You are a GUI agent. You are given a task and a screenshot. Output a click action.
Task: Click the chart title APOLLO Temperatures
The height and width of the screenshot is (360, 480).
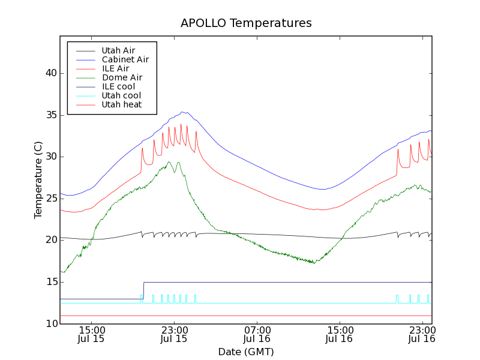246,23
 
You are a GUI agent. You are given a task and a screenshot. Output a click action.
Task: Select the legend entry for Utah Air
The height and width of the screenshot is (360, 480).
118,51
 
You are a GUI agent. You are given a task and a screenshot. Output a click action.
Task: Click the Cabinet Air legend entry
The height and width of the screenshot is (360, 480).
125,60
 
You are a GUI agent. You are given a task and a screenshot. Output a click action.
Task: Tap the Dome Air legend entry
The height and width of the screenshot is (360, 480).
122,78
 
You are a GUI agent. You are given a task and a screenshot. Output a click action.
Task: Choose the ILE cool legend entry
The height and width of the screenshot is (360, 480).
118,87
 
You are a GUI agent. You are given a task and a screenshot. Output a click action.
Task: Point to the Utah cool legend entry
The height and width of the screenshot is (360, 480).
121,96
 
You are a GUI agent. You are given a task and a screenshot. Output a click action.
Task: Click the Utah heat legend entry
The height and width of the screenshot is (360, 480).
121,105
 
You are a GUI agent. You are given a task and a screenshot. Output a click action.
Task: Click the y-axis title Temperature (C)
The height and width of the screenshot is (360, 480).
38,180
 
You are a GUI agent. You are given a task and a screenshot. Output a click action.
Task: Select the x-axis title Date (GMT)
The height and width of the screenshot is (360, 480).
246,352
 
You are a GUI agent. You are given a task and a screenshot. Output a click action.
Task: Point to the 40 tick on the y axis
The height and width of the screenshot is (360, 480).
51,73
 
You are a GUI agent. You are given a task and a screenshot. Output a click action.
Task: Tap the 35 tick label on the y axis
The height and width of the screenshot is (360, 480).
51,115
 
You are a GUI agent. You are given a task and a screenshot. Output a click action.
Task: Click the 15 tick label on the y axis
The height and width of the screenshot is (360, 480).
51,282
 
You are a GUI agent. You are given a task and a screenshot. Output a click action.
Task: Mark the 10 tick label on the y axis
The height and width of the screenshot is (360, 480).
51,324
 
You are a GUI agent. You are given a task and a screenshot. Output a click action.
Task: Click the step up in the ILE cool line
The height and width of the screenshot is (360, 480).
143,290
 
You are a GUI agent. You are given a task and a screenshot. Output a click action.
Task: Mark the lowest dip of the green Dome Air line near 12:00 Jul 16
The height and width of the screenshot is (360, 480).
313,263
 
